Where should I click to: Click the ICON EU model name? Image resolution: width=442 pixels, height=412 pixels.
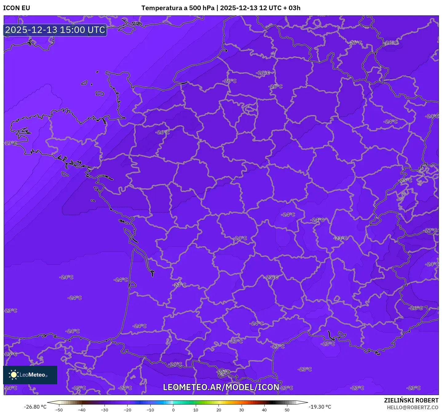[17, 8]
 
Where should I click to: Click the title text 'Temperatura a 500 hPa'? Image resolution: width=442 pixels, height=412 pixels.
[178, 8]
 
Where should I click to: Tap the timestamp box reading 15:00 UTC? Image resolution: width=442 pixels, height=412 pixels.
[55, 30]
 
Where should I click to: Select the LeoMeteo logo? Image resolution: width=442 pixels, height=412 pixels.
[30, 375]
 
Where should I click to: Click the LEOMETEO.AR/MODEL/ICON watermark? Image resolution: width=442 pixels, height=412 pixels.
[221, 387]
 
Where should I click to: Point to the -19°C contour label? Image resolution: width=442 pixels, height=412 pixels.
[11, 143]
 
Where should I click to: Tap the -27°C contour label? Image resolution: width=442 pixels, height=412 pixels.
[431, 230]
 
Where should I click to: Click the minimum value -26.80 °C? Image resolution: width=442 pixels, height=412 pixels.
[35, 407]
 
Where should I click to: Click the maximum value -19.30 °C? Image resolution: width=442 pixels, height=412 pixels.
[320, 407]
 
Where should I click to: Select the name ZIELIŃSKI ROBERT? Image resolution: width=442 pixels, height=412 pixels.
[411, 400]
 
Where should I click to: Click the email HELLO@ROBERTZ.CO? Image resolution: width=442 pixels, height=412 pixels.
[412, 407]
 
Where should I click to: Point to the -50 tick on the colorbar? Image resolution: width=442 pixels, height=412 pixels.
[59, 410]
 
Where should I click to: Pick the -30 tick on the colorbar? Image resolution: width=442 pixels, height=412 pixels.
[105, 410]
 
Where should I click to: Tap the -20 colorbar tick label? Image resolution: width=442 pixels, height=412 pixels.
[127, 410]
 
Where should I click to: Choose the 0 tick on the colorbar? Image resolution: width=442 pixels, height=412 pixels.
[173, 410]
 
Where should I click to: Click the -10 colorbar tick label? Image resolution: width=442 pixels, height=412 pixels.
[150, 410]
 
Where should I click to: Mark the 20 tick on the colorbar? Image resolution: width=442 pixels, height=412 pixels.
[219, 410]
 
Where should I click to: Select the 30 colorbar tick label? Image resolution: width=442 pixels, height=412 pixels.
[241, 410]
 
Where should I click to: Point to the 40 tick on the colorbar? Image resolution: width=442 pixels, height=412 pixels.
[264, 410]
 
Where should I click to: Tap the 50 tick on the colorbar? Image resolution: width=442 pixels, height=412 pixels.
[287, 410]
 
